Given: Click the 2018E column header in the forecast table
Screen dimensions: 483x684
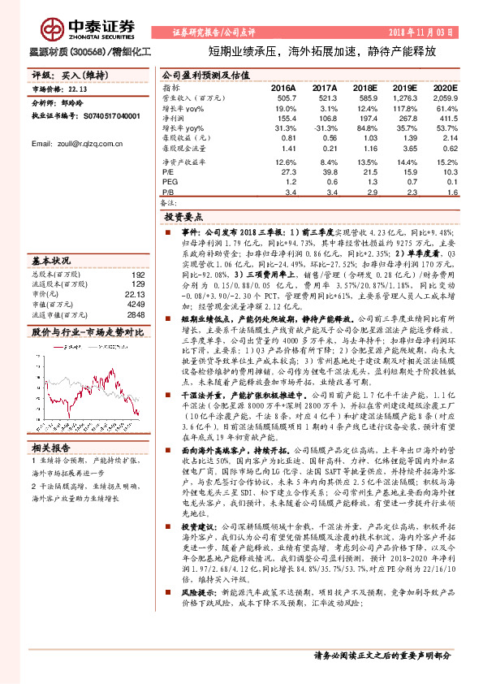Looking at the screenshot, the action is (x=365, y=86).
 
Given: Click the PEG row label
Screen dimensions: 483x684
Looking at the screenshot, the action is (x=170, y=183).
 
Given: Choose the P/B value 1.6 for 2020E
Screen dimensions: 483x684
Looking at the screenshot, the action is (x=453, y=193).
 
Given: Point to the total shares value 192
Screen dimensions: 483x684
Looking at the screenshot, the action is (x=138, y=275).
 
